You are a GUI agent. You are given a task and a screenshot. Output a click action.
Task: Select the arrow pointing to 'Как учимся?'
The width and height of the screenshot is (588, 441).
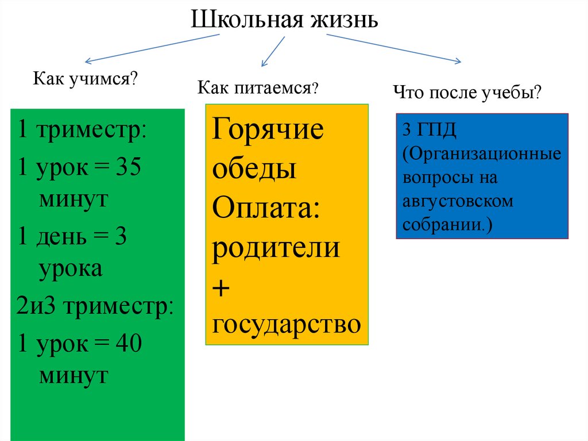tap(152, 48)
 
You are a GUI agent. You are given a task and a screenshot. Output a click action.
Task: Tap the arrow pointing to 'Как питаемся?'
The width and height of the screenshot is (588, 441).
tap(273, 51)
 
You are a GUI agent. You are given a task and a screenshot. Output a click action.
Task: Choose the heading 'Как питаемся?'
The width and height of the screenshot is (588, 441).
tap(258, 88)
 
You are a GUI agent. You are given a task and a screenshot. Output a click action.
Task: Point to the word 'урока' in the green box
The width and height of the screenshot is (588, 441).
tap(71, 269)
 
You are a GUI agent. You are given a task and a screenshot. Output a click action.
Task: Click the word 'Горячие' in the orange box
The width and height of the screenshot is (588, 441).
tap(268, 129)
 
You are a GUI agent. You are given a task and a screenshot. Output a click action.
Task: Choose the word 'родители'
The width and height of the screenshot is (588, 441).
tap(276, 247)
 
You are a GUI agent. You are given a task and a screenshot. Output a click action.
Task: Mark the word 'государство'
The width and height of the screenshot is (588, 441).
tap(287, 325)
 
